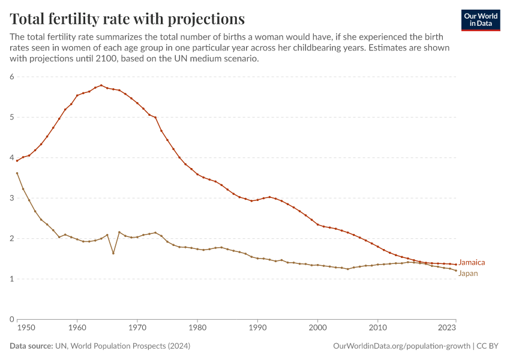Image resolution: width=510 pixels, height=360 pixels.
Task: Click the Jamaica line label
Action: pyautogui.click(x=472, y=263)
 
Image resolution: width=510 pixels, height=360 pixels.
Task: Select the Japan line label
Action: pyautogui.click(x=469, y=274)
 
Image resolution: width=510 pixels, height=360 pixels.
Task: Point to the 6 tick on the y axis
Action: pyautogui.click(x=11, y=77)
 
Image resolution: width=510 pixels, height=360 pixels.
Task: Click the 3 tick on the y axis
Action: pyautogui.click(x=11, y=198)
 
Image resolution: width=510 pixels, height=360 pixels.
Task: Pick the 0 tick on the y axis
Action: pyautogui.click(x=11, y=319)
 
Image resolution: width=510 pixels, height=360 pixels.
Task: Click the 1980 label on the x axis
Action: pyautogui.click(x=197, y=328)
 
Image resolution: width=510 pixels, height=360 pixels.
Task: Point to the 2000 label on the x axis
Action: pyautogui.click(x=317, y=328)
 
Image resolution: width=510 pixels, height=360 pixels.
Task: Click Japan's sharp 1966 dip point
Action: pyautogui.click(x=113, y=253)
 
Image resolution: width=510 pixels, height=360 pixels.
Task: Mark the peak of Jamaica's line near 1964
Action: pyautogui.click(x=101, y=85)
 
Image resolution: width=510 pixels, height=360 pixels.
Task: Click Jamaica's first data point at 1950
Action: pyautogui.click(x=17, y=161)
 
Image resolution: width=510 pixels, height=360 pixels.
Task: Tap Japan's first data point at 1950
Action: pyautogui.click(x=17, y=173)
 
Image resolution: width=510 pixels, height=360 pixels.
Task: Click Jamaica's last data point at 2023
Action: pyautogui.click(x=456, y=265)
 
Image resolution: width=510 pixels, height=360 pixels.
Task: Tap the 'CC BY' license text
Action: pyautogui.click(x=488, y=346)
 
